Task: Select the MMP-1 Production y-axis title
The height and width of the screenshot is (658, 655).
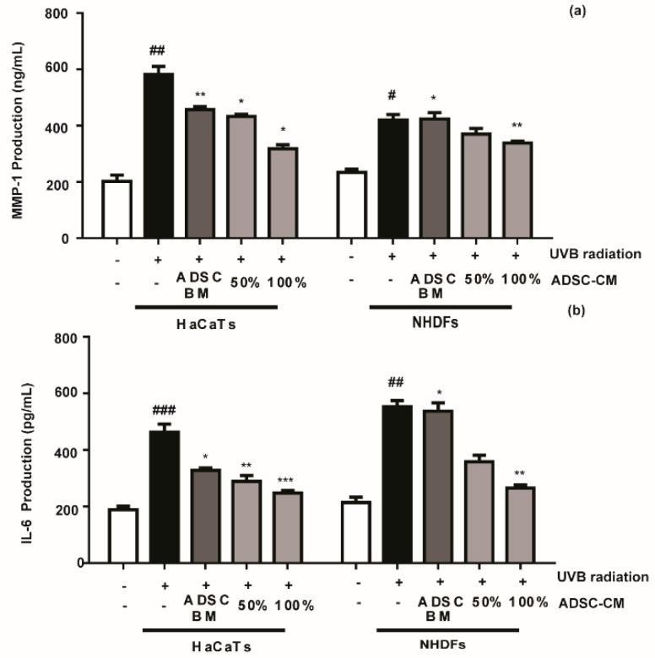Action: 16,127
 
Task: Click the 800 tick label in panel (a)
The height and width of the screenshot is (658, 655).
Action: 68,14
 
